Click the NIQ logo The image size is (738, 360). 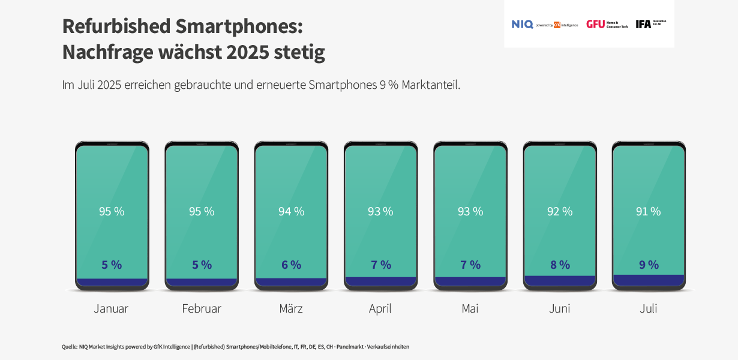tap(522, 24)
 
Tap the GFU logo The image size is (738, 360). tap(595, 24)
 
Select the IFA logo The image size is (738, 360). tap(643, 24)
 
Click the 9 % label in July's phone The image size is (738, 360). tap(649, 265)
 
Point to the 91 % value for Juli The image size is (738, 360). tap(648, 211)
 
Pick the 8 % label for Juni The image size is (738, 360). tap(560, 265)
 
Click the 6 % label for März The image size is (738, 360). tap(291, 265)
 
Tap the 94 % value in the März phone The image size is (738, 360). tap(291, 211)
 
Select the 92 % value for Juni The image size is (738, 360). tap(560, 211)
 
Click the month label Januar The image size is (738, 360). tap(111, 308)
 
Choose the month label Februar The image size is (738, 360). tap(202, 308)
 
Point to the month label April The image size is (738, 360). tap(380, 308)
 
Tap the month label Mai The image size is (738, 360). tap(470, 308)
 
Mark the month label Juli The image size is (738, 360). tap(648, 308)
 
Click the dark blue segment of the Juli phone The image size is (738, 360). tap(649, 280)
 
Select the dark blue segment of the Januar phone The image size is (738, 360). tap(112, 282)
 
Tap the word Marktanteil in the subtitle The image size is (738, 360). tap(431, 85)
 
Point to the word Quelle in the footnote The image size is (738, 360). tap(69, 347)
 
